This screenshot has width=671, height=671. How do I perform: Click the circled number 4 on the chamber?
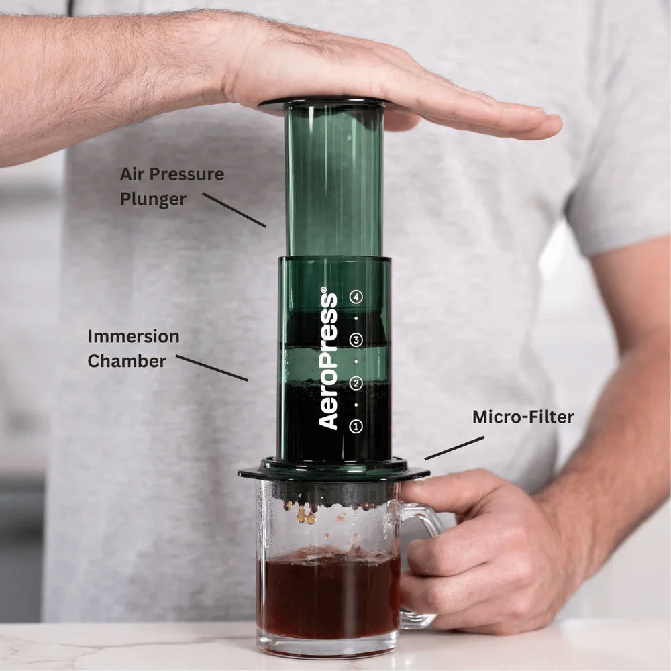(356, 296)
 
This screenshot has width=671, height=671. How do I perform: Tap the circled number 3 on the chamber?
(356, 340)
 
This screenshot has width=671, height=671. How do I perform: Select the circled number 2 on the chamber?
(356, 383)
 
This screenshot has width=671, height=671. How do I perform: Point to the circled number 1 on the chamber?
(356, 425)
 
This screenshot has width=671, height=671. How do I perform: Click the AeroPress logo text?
(328, 359)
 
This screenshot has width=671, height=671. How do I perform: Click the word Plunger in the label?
(154, 199)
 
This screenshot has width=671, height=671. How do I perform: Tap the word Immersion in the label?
(134, 336)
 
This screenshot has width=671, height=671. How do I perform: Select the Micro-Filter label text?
(523, 417)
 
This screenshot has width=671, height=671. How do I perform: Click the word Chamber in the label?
(127, 361)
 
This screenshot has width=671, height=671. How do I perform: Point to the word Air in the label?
(132, 174)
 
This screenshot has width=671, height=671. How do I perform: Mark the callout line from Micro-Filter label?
(454, 448)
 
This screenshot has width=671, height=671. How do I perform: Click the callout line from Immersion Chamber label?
(212, 368)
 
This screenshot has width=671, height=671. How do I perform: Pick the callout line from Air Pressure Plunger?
(234, 209)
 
